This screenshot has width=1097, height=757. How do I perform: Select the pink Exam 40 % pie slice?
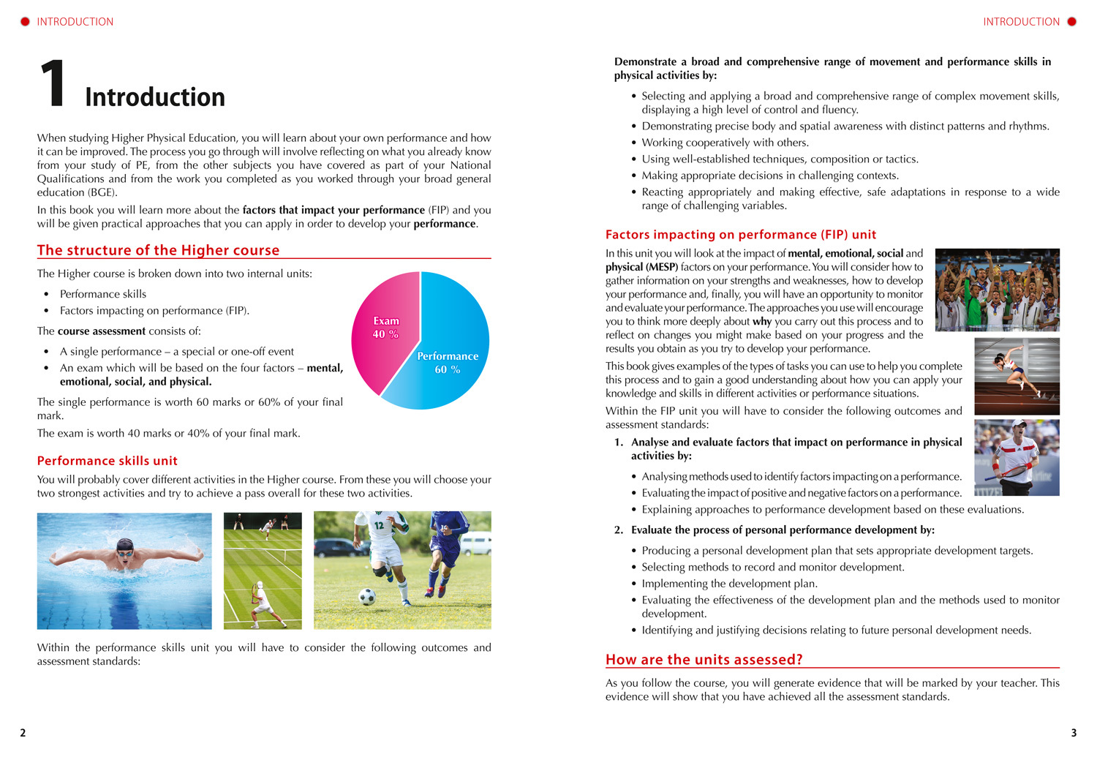pos(384,328)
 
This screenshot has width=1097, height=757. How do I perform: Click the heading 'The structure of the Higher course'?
pos(158,250)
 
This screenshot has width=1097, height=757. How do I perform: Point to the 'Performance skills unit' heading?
pos(108,461)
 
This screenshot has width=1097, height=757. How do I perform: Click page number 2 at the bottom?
pos(23,733)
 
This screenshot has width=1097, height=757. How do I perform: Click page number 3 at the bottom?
pos(1074,733)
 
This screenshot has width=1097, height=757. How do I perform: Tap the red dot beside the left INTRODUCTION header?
pos(25,22)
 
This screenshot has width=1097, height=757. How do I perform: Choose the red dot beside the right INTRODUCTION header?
pos(1071,22)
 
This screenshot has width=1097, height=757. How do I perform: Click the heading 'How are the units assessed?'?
pos(704,660)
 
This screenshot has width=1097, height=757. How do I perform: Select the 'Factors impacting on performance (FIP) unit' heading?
pos(740,235)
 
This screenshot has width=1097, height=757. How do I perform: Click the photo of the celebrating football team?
pos(997,290)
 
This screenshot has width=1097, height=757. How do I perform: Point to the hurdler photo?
pos(1017,376)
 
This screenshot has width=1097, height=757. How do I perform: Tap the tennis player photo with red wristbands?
pos(1017,457)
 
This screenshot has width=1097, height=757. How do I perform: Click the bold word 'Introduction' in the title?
pos(155,97)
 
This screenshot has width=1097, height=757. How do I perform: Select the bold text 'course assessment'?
pos(102,331)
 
